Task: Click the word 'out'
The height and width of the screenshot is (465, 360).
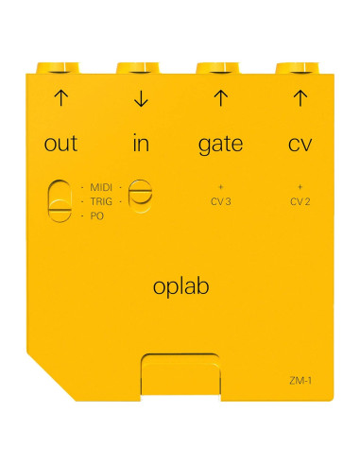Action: (x=61, y=145)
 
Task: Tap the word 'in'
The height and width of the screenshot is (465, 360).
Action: (x=140, y=145)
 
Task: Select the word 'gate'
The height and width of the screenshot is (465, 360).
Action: (x=220, y=145)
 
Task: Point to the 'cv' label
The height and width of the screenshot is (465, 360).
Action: (x=300, y=145)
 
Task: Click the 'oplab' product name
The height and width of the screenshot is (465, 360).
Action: (x=180, y=286)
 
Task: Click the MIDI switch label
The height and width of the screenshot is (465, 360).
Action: (x=102, y=187)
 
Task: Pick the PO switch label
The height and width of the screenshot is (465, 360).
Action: (x=97, y=216)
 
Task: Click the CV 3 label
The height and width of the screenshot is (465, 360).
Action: (x=220, y=201)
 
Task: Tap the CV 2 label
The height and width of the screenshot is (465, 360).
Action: (x=300, y=201)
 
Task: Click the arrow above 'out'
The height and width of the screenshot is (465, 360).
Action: (x=61, y=97)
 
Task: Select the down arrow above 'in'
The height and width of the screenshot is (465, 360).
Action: (x=140, y=97)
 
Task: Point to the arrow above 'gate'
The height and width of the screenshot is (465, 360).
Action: (x=220, y=97)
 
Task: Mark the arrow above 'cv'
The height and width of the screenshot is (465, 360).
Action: (x=300, y=97)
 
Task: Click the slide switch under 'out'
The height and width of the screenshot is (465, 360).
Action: (x=59, y=201)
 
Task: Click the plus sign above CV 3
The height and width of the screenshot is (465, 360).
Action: (x=220, y=187)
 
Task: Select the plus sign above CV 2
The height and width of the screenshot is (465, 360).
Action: (x=300, y=187)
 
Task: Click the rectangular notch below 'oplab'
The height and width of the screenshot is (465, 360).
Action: (x=180, y=375)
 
